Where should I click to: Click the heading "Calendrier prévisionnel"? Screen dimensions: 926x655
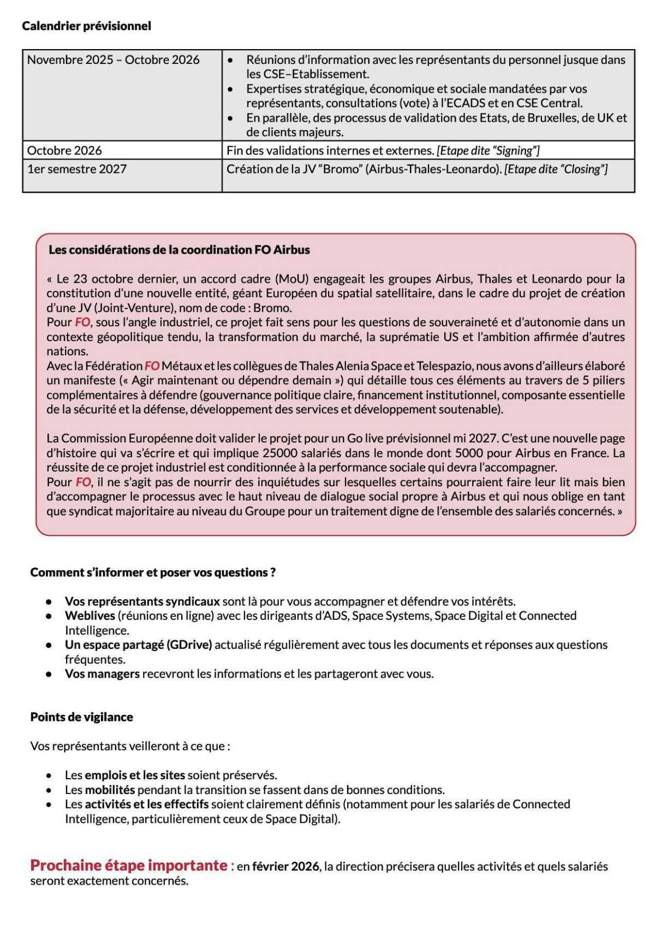click(x=86, y=26)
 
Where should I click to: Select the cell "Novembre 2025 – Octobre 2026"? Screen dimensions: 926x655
click(x=113, y=60)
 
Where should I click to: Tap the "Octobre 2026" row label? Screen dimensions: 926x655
click(x=64, y=151)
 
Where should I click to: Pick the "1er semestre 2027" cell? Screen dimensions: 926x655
click(x=77, y=169)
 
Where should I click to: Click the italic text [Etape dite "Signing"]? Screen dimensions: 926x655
click(x=488, y=151)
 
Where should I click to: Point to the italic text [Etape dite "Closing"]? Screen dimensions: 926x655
click(x=556, y=169)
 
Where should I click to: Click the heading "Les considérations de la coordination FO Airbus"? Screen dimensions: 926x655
click(x=179, y=250)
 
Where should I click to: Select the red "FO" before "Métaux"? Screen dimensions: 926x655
click(x=151, y=366)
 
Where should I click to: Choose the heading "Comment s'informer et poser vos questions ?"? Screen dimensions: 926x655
click(x=153, y=572)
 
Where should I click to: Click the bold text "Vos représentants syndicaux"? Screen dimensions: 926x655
click(x=142, y=601)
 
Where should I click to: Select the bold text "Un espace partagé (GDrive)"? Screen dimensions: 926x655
click(x=138, y=644)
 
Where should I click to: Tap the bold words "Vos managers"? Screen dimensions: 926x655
click(x=102, y=673)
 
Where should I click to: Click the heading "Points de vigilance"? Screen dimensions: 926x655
click(x=81, y=717)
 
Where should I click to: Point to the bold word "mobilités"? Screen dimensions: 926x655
click(x=110, y=790)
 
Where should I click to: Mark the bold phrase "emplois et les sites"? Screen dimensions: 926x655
click(x=135, y=775)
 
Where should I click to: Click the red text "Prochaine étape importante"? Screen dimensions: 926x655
click(x=129, y=865)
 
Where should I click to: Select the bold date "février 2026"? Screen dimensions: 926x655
click(x=285, y=867)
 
